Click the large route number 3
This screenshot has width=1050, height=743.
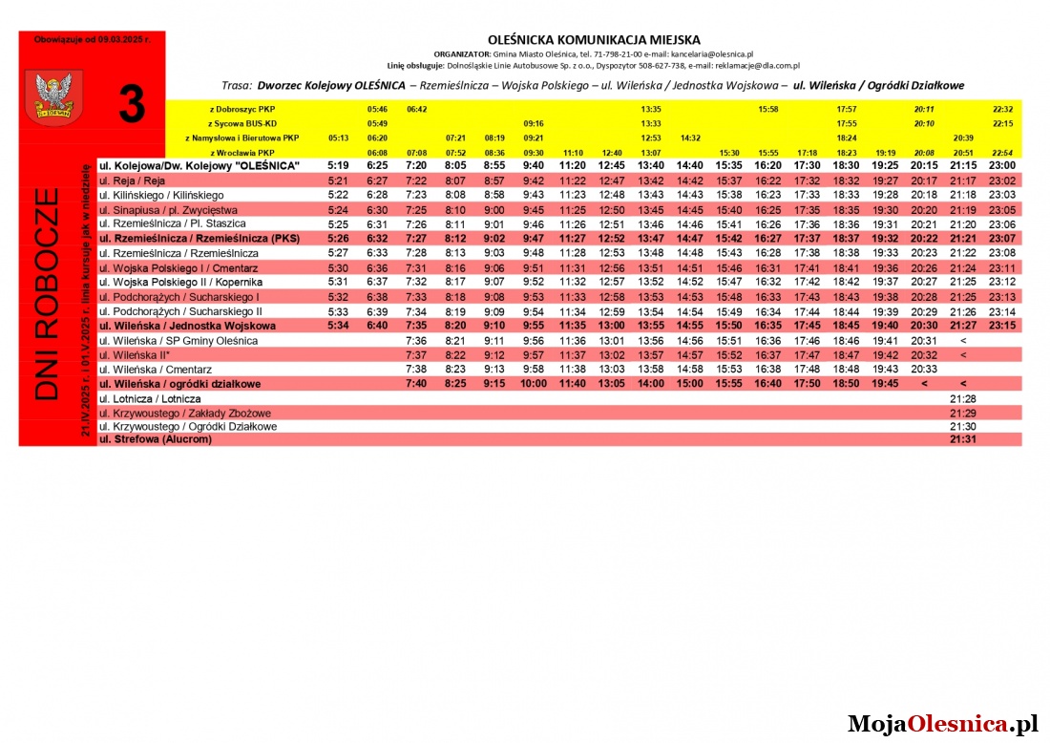coord(132,104)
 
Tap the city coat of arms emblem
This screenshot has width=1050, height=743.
coord(46,96)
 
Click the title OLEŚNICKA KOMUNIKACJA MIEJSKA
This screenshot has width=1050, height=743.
coord(594,40)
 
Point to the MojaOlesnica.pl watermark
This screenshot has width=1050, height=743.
coord(942,724)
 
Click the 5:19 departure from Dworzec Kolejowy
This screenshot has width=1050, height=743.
coord(338,165)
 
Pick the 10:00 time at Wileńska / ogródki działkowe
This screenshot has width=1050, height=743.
coord(533,384)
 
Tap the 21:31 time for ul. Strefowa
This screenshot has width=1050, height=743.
coord(962,439)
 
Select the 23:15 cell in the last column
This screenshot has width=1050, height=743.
coord(1002,326)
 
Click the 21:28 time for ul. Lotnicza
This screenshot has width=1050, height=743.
coord(962,398)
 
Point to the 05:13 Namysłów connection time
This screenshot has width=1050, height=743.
coord(338,138)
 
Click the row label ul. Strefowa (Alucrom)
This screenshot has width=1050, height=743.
coord(156,439)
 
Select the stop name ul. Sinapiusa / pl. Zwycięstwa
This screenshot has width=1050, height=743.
coord(168,209)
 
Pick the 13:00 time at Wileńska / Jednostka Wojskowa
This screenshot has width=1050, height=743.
coord(611,326)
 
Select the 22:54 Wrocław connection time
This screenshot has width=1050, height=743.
coord(1002,152)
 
